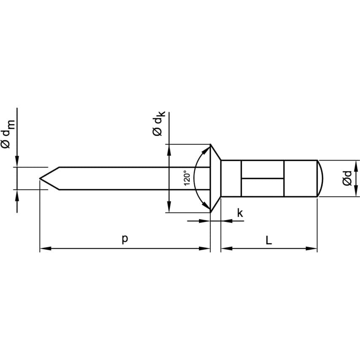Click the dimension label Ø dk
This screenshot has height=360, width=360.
159,124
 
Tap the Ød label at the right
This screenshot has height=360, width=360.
347,178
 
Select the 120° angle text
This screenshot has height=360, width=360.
188,178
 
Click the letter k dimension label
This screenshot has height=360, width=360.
240,213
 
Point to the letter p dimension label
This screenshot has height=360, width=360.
124,239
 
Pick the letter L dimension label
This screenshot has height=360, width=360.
269,240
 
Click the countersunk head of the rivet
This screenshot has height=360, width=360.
215,178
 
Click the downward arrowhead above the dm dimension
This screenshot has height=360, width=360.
17,162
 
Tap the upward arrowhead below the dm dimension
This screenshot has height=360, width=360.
17,195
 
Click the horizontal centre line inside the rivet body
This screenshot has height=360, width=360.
262,178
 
